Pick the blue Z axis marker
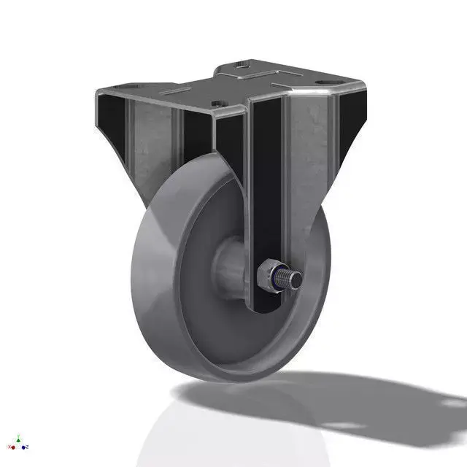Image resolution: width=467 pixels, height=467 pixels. pyautogui.click(x=25, y=447)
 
